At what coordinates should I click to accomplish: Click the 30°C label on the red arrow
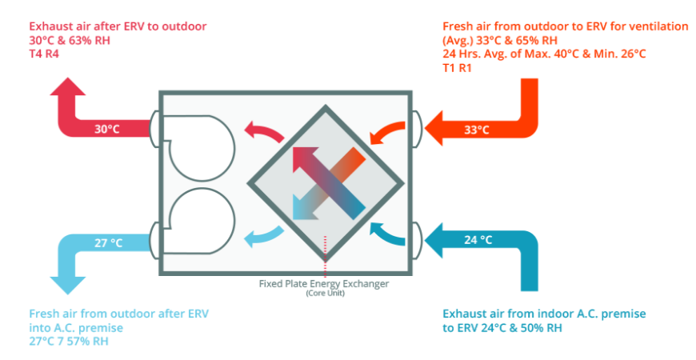click(108, 129)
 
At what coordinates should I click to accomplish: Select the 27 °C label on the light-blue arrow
click(110, 242)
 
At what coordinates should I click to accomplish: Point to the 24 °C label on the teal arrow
click(478, 239)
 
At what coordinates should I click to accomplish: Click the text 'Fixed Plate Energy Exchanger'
click(324, 284)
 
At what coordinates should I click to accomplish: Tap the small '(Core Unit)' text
click(324, 294)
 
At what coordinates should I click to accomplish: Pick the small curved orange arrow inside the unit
click(384, 130)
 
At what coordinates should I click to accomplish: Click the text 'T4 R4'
click(45, 54)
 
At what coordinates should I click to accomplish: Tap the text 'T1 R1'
click(458, 68)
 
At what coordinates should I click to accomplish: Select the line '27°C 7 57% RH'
click(69, 342)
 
